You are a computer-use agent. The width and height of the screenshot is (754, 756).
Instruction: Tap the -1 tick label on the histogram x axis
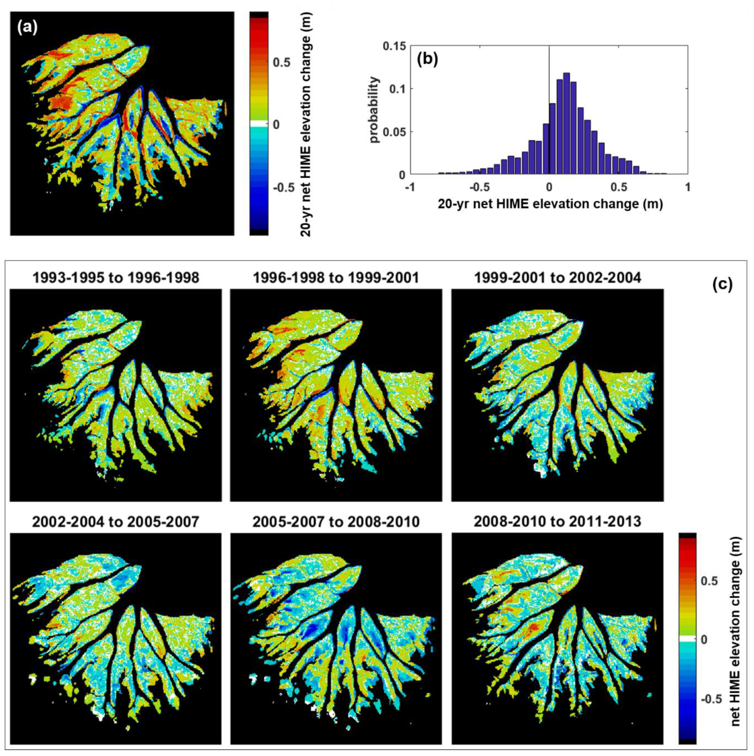pos(410,187)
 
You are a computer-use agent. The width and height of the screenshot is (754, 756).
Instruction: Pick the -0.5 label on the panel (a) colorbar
pos(284,187)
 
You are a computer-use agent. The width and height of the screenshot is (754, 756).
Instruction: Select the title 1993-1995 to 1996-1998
pos(116,277)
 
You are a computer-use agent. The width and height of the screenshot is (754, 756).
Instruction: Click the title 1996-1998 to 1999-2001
pos(336,277)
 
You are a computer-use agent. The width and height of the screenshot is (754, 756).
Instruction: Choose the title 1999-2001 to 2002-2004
pos(557,277)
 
